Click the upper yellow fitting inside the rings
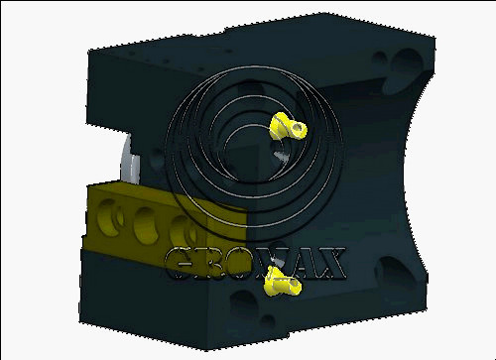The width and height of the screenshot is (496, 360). pos(287,127)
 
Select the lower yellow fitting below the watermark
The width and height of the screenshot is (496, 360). pos(282,282)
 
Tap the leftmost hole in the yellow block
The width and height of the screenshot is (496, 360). pos(110,217)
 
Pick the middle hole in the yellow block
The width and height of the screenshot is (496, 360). pos(146,226)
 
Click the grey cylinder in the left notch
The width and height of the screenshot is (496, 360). pos(130,162)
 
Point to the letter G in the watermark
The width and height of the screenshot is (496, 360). pos(181,263)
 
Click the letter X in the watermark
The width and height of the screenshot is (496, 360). pos(326,263)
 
